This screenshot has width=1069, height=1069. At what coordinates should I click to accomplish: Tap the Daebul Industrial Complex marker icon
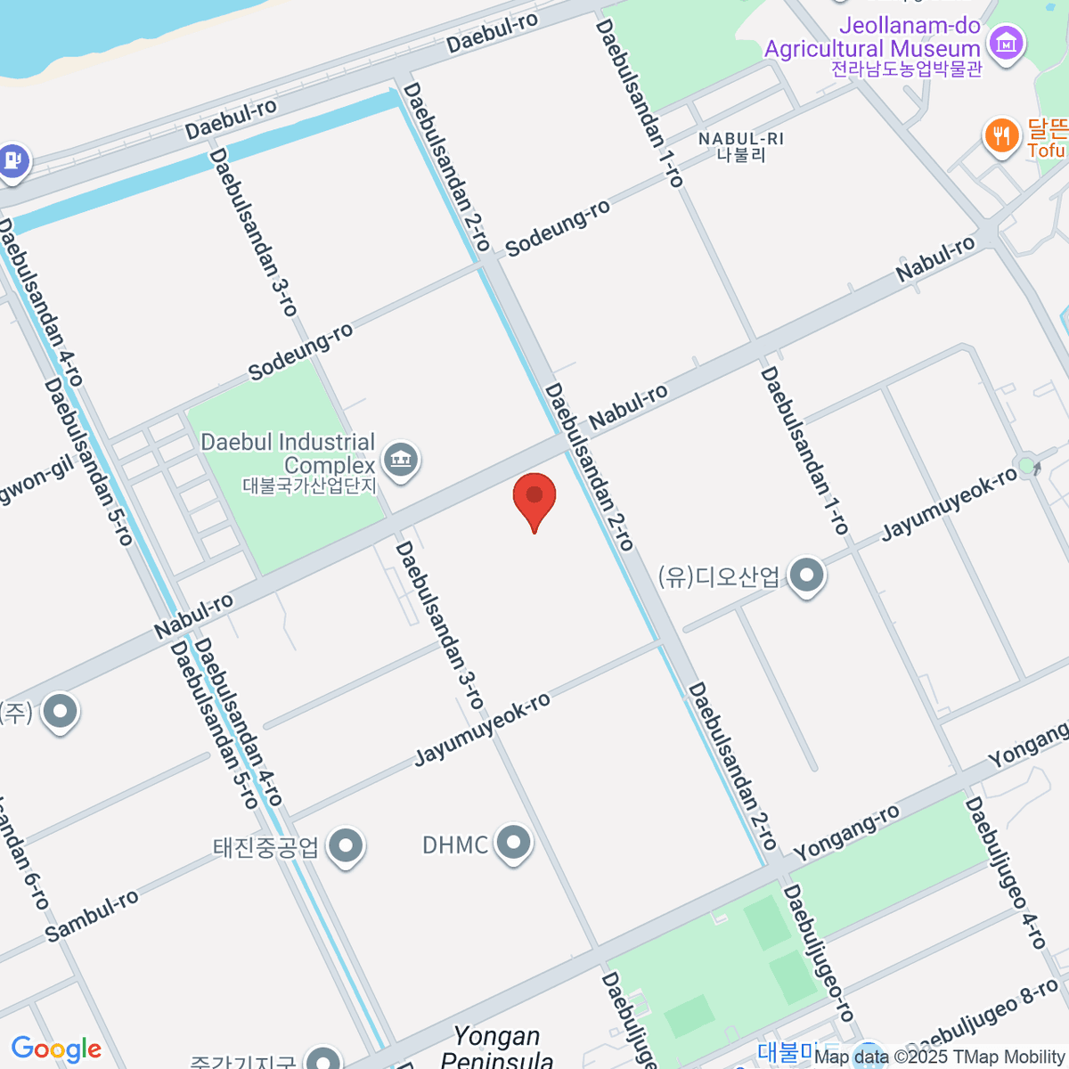400,461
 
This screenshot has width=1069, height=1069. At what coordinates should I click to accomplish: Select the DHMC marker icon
513,843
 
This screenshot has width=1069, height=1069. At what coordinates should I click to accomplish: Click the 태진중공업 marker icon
345,846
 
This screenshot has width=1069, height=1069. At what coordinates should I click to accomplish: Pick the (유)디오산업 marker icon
807,575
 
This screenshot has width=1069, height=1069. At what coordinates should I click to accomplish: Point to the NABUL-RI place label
741,146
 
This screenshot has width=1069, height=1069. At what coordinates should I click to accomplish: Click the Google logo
56,1049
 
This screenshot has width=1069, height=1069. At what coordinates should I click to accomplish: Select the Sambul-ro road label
93,916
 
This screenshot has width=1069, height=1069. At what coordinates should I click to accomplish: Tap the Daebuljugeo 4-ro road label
1006,873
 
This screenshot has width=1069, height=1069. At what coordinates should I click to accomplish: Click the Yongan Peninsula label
496,1048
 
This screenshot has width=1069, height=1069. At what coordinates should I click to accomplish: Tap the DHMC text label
455,844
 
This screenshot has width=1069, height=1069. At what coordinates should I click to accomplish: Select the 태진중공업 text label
265,846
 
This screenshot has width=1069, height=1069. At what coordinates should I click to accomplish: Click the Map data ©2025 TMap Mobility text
939,1057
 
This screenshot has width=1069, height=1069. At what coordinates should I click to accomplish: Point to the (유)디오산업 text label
719,576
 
